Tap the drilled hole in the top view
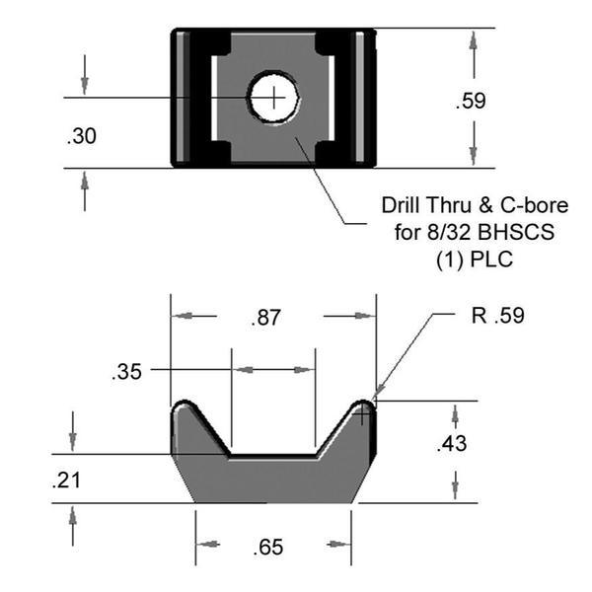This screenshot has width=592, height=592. pyautogui.click(x=274, y=98)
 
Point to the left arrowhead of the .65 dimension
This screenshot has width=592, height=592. pyautogui.click(x=203, y=545)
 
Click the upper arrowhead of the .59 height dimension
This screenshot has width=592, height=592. pyautogui.click(x=475, y=40)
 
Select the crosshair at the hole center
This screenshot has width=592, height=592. pyautogui.click(x=274, y=97)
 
